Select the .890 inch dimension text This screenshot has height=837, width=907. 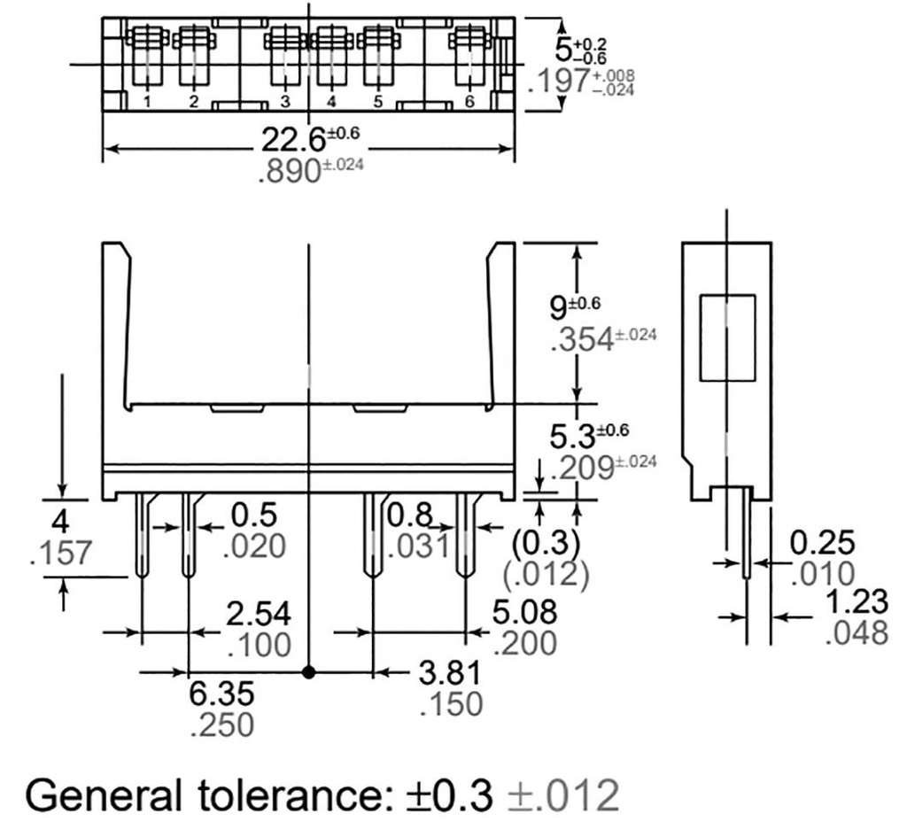click(x=289, y=171)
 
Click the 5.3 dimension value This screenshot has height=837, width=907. click(x=571, y=437)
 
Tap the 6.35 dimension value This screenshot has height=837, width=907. click(x=222, y=694)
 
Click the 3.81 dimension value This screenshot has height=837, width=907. click(x=452, y=673)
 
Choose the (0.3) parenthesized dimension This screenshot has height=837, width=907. click(x=546, y=542)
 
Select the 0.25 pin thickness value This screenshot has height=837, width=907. click(x=823, y=543)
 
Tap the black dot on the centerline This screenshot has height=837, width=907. click(x=308, y=672)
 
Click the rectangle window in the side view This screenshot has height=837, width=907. click(x=727, y=338)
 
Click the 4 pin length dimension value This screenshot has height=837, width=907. click(x=61, y=520)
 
